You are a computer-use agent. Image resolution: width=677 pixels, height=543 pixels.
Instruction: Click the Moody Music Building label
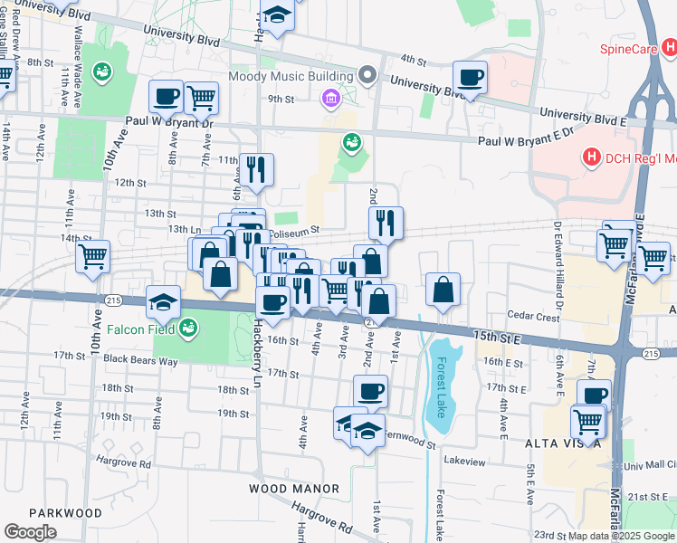(x=290, y=76)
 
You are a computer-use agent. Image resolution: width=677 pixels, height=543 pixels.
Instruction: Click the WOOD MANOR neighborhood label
(x=293, y=489)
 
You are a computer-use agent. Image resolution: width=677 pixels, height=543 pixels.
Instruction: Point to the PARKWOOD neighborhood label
(x=65, y=512)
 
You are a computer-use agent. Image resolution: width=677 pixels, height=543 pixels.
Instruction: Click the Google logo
(x=31, y=532)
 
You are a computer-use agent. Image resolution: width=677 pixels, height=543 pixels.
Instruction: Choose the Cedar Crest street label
(x=534, y=317)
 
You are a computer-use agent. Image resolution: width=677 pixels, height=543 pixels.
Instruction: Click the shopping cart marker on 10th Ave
(x=92, y=257)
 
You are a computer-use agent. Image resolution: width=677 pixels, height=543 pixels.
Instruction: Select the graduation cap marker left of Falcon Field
(x=164, y=301)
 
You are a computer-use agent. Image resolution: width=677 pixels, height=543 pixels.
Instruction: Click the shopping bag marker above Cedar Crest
(x=443, y=291)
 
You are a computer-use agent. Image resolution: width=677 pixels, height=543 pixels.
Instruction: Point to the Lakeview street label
(x=464, y=461)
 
